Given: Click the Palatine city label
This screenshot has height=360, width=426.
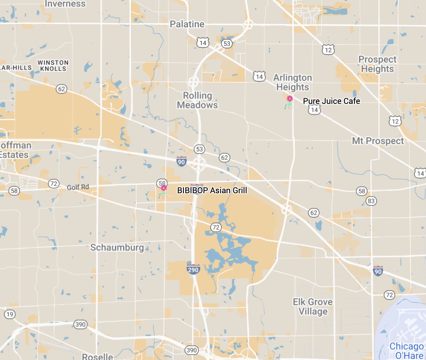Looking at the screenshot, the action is pos(187,24).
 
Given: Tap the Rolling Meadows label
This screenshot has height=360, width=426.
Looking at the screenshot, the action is pos(197,100).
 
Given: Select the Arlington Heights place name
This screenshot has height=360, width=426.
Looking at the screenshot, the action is pos(292,82).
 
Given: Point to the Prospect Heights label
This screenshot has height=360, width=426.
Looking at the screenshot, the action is pos(377,64).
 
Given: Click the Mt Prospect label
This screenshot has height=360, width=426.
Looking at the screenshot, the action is pos(378,141).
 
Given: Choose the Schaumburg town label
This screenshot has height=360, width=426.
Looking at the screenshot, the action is pos(117,247).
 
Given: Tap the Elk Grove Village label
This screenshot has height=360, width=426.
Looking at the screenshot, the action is pos(313,307).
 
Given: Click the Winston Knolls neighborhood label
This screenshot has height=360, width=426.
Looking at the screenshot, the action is pos(53,65).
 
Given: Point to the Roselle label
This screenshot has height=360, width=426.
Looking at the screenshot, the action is pos(97,356).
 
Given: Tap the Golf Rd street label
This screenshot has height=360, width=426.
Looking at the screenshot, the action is pos(78,187).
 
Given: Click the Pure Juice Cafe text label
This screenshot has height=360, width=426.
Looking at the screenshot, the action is pos(331,101).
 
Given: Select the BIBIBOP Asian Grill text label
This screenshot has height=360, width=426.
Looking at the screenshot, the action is pos(212,190).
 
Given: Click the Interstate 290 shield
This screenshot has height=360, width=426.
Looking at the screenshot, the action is pos(193,269).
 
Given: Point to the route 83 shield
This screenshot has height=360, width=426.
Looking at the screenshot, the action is pos(371,201).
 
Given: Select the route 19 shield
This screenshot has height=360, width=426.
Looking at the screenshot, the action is pos(9,314).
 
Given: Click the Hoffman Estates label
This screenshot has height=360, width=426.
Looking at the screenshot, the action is pos(15,150).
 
